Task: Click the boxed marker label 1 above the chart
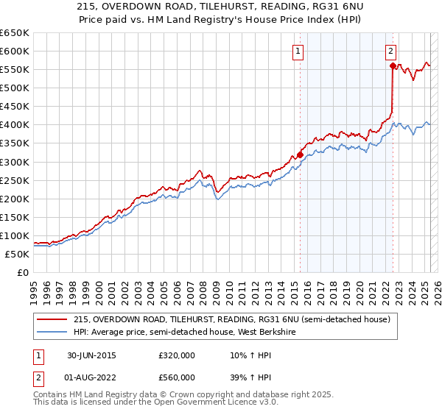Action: [x=298, y=51]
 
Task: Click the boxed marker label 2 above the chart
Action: [x=390, y=51]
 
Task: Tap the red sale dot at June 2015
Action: [x=300, y=154]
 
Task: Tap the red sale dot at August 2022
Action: [x=393, y=66]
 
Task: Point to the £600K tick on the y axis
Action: [x=15, y=51]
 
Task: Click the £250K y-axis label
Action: [x=15, y=180]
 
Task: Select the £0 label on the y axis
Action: [x=22, y=272]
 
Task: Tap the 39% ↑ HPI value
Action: [x=247, y=377]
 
